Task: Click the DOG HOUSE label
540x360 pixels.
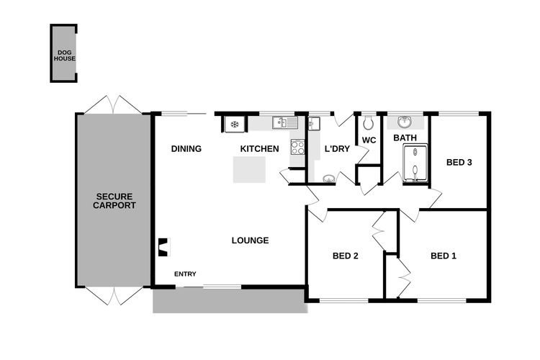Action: pyautogui.click(x=64, y=55)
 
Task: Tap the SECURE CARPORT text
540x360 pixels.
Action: pyautogui.click(x=114, y=201)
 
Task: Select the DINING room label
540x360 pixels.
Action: pyautogui.click(x=186, y=149)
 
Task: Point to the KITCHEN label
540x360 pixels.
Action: pyautogui.click(x=259, y=149)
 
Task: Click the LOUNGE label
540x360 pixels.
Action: pyautogui.click(x=250, y=240)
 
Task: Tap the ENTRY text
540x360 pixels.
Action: pyautogui.click(x=185, y=274)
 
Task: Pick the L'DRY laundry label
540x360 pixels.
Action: pyautogui.click(x=337, y=149)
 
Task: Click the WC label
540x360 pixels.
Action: pyautogui.click(x=369, y=140)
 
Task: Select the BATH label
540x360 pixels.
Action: pyautogui.click(x=405, y=138)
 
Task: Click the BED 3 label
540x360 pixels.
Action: pyautogui.click(x=459, y=162)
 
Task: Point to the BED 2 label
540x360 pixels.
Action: pyautogui.click(x=346, y=256)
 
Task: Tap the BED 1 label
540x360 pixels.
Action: pyautogui.click(x=444, y=256)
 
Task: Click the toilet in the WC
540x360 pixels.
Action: pyautogui.click(x=368, y=123)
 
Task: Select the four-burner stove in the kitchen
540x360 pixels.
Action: pyautogui.click(x=298, y=147)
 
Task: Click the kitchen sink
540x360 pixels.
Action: pyautogui.click(x=285, y=122)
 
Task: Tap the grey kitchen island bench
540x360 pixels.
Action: pyautogui.click(x=249, y=169)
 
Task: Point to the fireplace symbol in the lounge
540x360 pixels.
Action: pyautogui.click(x=164, y=247)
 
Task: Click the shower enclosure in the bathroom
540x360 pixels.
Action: pyautogui.click(x=415, y=163)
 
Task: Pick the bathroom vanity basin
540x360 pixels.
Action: pyautogui.click(x=405, y=122)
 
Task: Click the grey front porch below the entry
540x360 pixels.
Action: pyautogui.click(x=230, y=301)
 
